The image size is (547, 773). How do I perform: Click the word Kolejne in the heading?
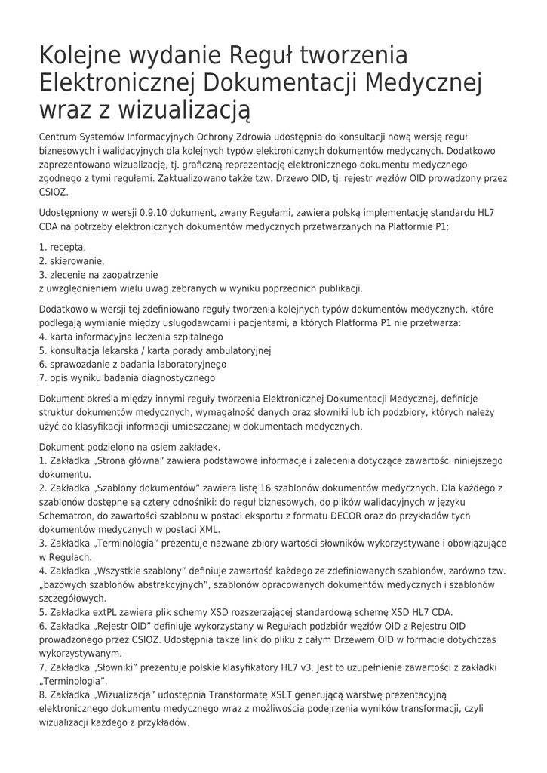point(85,56)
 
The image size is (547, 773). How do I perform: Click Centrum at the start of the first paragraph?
point(59,137)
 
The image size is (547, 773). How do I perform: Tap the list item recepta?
point(68,247)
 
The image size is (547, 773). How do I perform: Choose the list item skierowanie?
point(77,260)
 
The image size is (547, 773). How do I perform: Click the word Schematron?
point(66,516)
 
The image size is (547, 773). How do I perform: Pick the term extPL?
point(96,612)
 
